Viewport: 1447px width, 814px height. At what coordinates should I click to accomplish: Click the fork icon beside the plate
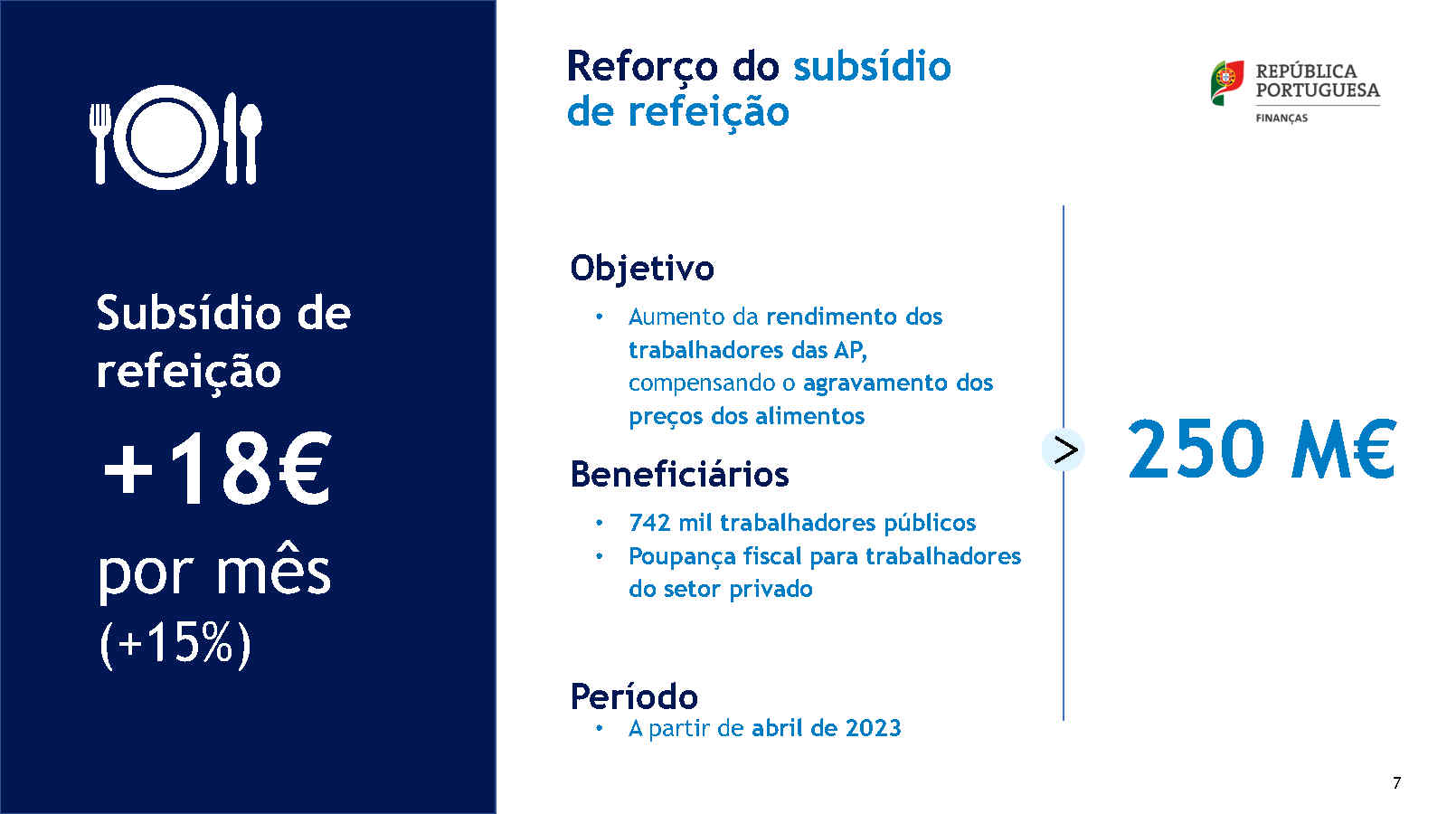100,144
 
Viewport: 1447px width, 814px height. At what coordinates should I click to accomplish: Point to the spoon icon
251,144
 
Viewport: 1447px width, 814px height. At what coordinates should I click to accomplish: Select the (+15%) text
175,643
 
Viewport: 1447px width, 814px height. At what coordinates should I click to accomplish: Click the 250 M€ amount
1262,449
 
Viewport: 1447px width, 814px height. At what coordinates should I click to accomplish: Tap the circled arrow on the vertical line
1064,450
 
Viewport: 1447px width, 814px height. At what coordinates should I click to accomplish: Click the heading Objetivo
642,268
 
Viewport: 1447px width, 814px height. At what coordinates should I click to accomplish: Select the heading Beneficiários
679,474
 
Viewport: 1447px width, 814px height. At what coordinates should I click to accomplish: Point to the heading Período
634,696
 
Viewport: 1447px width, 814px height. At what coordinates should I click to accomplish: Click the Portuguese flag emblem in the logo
1227,82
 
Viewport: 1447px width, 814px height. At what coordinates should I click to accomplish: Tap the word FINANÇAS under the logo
1281,118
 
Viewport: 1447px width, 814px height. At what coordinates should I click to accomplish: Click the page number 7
1396,783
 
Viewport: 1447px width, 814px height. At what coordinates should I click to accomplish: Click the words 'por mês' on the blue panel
213,573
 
